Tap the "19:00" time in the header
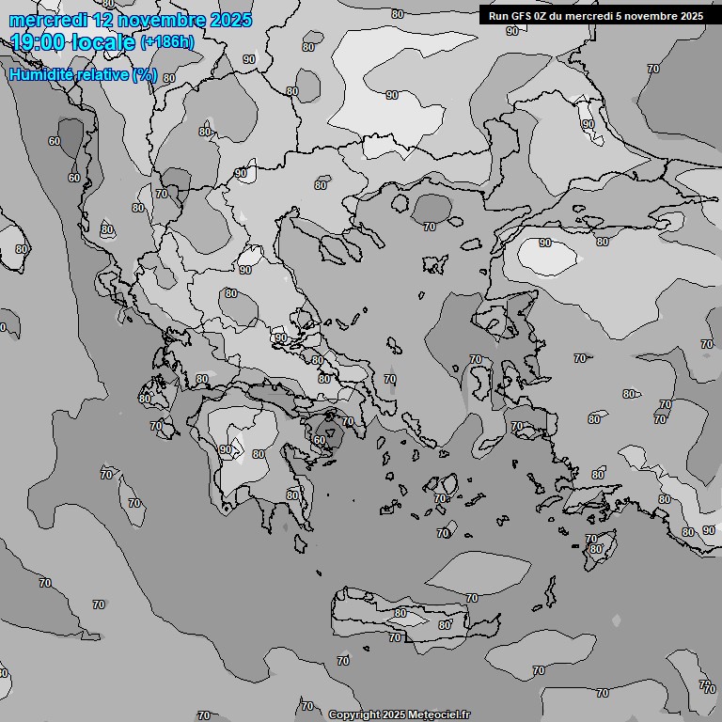click(38, 41)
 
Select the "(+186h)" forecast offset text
click(167, 41)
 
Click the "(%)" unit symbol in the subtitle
click(145, 74)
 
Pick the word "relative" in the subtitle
click(102, 74)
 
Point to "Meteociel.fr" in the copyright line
click(438, 715)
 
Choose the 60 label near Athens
click(320, 440)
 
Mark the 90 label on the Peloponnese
click(226, 450)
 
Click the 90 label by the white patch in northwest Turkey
click(545, 243)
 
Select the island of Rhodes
click(594, 555)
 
